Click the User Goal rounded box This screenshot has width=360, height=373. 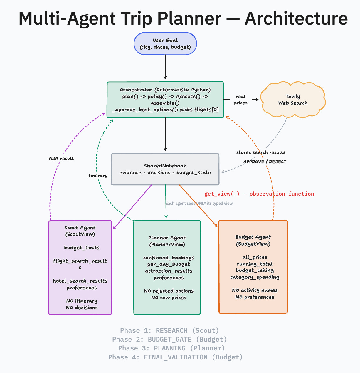pos(165,44)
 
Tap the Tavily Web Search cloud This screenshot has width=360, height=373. pos(293,100)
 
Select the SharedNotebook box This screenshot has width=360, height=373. pos(165,169)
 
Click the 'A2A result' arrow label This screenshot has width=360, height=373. pos(61,159)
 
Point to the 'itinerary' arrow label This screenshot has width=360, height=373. pos(97,176)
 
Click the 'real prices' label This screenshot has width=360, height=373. pos(241,100)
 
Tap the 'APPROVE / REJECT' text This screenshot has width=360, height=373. pos(265,162)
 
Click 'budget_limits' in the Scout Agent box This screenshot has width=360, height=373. pos(82,248)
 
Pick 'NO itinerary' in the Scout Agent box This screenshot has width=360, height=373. pos(82,301)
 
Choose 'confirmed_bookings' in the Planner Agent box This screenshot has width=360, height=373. pos(169,258)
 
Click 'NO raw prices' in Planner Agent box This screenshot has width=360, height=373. pos(169,298)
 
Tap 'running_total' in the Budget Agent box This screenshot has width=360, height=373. pos(255,264)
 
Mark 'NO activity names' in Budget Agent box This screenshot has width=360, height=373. pos(255,290)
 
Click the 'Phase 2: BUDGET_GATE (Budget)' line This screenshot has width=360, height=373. pos(169,340)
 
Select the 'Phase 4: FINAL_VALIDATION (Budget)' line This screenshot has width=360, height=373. pos(175,357)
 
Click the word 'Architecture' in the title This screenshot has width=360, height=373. pos(296,18)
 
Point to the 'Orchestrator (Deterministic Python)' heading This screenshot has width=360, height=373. pos(165,90)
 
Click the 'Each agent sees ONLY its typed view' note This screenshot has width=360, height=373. pos(199,203)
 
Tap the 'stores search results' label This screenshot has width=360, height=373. pos(261,152)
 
